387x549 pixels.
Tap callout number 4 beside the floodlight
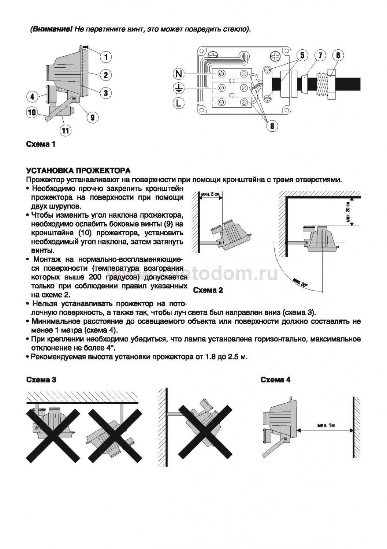click(x=32, y=97)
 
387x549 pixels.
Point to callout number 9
click(x=93, y=117)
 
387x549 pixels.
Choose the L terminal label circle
click(x=178, y=103)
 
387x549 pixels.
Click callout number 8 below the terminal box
click(x=272, y=126)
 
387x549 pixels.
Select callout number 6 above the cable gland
click(x=338, y=56)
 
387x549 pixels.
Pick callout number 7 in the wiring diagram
click(x=320, y=56)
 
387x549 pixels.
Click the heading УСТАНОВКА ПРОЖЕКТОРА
click(x=78, y=171)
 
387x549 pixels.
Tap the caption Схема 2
click(x=208, y=291)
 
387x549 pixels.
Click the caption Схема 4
click(x=275, y=380)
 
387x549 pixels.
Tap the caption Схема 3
click(x=41, y=380)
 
